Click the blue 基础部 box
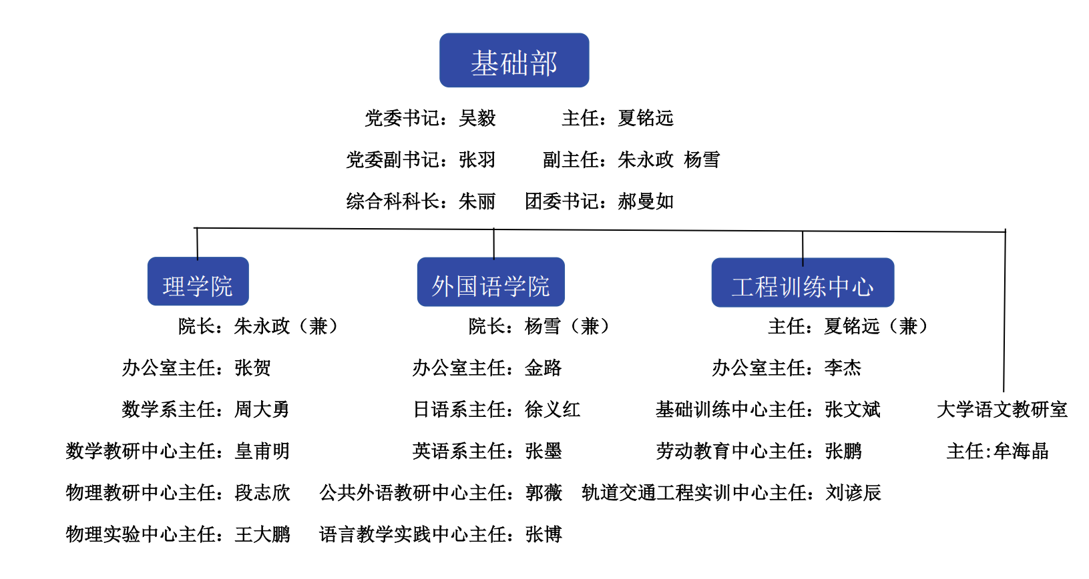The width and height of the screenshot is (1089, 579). [514, 60]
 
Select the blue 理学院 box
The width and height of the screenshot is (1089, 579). [198, 281]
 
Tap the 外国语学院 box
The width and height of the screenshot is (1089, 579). [491, 281]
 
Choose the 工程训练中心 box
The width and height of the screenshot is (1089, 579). [803, 282]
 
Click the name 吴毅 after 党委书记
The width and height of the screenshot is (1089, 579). [477, 118]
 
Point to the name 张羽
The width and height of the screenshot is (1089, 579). [477, 160]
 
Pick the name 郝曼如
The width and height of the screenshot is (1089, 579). [646, 201]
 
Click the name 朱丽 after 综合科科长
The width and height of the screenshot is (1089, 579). [477, 201]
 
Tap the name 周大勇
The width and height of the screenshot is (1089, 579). [262, 410]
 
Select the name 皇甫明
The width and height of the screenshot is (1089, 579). [262, 451]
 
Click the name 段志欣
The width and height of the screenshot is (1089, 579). [262, 492]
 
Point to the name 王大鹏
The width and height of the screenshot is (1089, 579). [262, 534]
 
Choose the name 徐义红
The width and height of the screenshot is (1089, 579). [552, 410]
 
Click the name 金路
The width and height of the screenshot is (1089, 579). [543, 368]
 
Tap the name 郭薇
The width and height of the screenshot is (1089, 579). [543, 492]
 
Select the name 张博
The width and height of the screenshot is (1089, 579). [543, 534]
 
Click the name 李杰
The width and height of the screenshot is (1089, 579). [843, 368]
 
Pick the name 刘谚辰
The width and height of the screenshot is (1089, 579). [853, 492]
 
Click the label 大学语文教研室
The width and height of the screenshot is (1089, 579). [1002, 410]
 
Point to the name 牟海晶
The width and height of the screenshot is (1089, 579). [1021, 451]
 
